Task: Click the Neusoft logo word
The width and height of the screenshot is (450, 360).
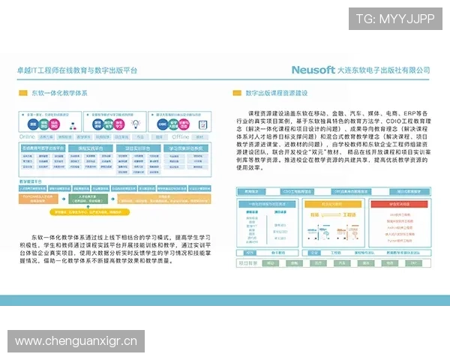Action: pyautogui.click(x=314, y=69)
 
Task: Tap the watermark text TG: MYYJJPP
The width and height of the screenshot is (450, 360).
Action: pyautogui.click(x=395, y=19)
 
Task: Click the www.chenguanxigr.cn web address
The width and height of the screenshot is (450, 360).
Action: pyautogui.click(x=76, y=342)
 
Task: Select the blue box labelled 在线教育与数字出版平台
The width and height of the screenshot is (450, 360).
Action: pyautogui.click(x=43, y=149)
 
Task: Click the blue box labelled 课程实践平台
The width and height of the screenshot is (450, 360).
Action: pyautogui.click(x=90, y=149)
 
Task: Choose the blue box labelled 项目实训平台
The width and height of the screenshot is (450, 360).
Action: pyautogui.click(x=137, y=149)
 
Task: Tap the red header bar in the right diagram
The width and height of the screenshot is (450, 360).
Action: pyautogui.click(x=397, y=204)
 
